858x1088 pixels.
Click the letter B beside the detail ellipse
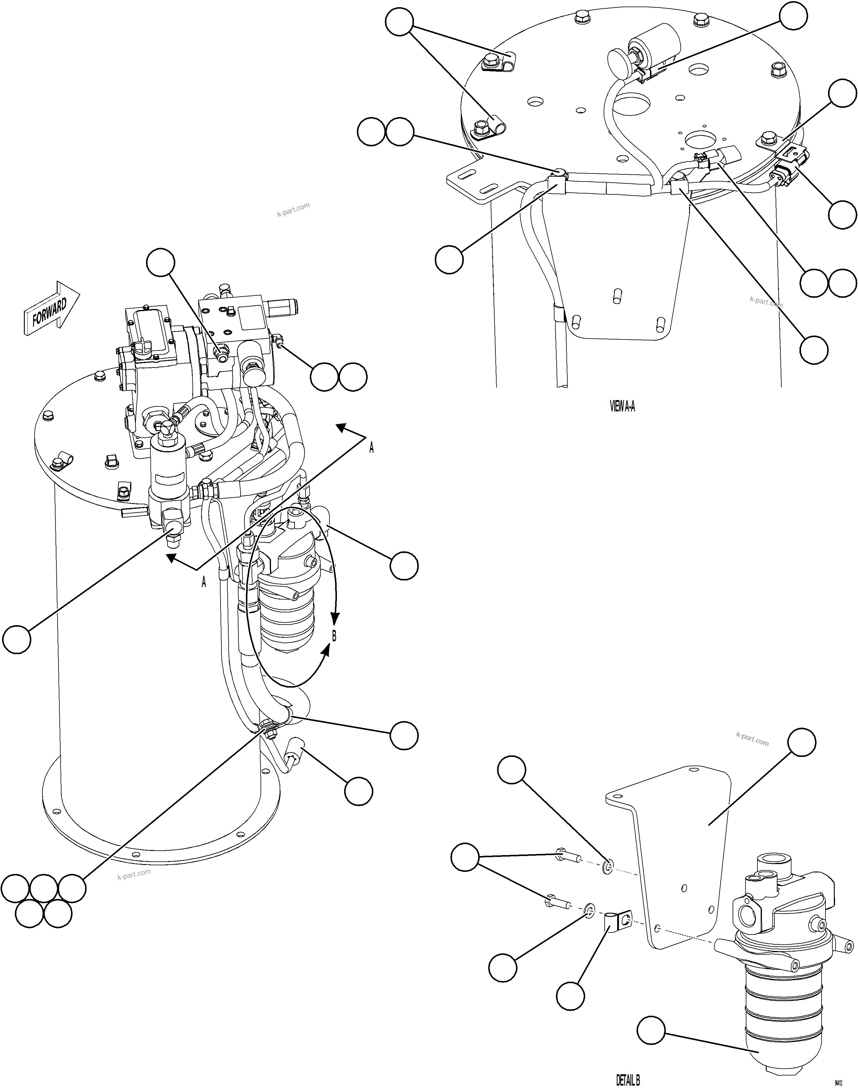click(x=334, y=636)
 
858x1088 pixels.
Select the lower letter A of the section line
click(x=204, y=582)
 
